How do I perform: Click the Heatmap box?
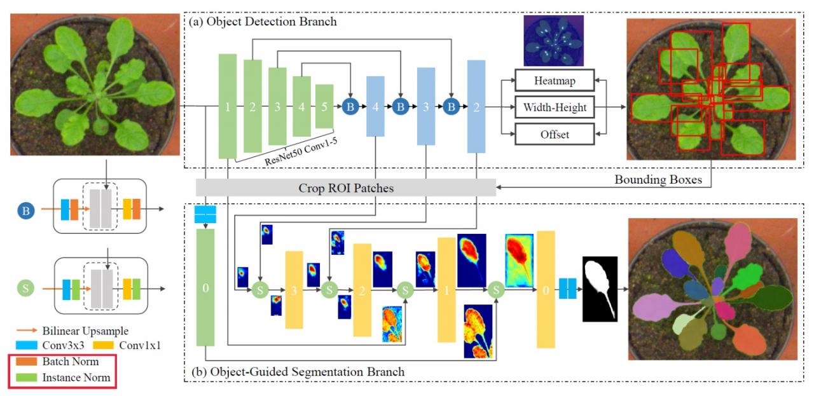pyautogui.click(x=553, y=81)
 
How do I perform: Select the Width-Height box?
pyautogui.click(x=553, y=107)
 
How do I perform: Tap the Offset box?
pyautogui.click(x=553, y=134)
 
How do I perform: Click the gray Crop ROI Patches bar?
pyautogui.click(x=345, y=188)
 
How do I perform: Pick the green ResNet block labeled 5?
pyautogui.click(x=324, y=106)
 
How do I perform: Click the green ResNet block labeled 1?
pyautogui.click(x=228, y=106)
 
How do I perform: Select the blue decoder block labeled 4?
pyautogui.click(x=375, y=106)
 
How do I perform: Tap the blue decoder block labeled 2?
pyautogui.click(x=476, y=106)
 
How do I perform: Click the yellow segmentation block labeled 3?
pyautogui.click(x=294, y=290)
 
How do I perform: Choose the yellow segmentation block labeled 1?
pyautogui.click(x=446, y=290)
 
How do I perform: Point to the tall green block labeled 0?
pyautogui.click(x=205, y=288)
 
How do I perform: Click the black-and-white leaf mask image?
pyautogui.click(x=600, y=289)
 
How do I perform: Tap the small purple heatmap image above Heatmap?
pyautogui.click(x=553, y=40)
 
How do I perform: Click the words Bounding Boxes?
pyautogui.click(x=658, y=180)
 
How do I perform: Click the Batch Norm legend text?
pyautogui.click(x=71, y=362)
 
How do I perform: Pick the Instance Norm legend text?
pyautogui.click(x=76, y=378)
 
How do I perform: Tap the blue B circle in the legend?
pyautogui.click(x=25, y=210)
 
